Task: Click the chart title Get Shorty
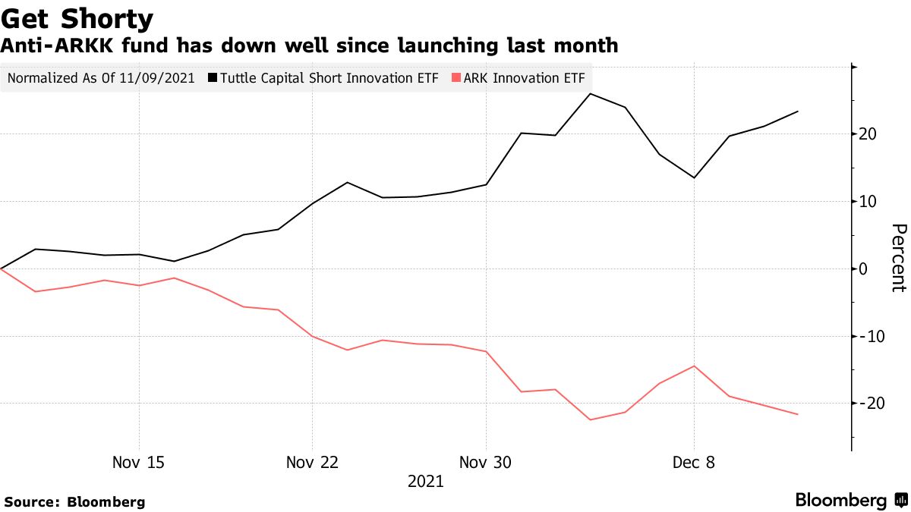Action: click(77, 18)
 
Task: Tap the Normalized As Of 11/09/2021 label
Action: click(101, 78)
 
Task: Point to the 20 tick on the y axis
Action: click(868, 134)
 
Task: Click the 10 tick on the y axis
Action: click(868, 202)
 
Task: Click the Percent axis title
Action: click(898, 258)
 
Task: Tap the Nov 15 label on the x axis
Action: click(138, 462)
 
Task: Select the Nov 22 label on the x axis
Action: click(312, 462)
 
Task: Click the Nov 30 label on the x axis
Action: click(486, 462)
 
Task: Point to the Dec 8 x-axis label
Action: click(694, 462)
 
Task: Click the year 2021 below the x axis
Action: click(425, 482)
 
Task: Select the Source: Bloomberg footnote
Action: click(74, 501)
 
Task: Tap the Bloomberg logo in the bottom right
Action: click(850, 500)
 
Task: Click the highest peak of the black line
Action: click(591, 94)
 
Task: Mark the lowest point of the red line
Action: click(591, 419)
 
